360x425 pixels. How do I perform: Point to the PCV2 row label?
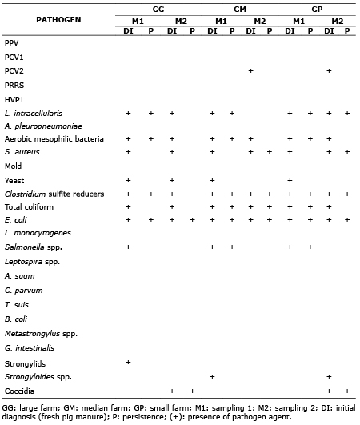click(13, 71)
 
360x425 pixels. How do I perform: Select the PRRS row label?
click(14, 86)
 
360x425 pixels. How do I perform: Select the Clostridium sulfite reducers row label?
click(52, 194)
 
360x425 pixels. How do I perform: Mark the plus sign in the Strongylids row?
click(128, 363)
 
